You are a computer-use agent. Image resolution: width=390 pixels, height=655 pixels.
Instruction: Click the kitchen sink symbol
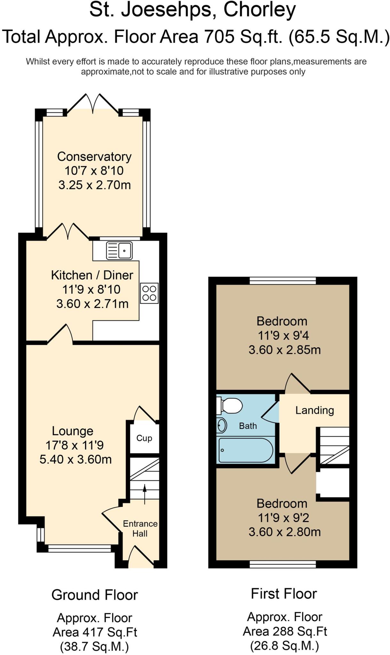pyautogui.click(x=119, y=250)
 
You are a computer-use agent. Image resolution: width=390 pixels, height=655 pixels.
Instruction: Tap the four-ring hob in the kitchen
pyautogui.click(x=149, y=293)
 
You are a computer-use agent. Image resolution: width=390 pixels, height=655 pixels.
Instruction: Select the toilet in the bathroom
pyautogui.click(x=230, y=406)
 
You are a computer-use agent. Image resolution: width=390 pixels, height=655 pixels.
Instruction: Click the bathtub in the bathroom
pyautogui.click(x=245, y=450)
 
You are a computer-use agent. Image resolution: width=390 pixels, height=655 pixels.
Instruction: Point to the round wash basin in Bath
pyautogui.click(x=221, y=425)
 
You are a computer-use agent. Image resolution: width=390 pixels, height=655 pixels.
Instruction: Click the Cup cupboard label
pyautogui.click(x=144, y=438)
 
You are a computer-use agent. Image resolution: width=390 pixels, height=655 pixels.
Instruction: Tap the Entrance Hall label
pyautogui.click(x=140, y=528)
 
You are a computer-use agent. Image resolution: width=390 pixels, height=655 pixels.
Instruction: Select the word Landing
pyautogui.click(x=314, y=410)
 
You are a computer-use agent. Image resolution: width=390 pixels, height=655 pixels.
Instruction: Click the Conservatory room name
pyautogui.click(x=94, y=156)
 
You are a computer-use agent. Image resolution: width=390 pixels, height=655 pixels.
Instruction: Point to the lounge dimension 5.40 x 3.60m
pyautogui.click(x=76, y=459)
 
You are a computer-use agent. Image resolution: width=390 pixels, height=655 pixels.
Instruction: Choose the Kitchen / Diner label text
pyautogui.click(x=92, y=275)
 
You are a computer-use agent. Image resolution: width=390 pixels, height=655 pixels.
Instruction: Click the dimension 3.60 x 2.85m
pyautogui.click(x=284, y=350)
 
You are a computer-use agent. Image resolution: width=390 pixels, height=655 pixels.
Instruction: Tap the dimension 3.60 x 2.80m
pyautogui.click(x=284, y=532)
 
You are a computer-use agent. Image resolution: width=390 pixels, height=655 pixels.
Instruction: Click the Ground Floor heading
pyautogui.click(x=94, y=595)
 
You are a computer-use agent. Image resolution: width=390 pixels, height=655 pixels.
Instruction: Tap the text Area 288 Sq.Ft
pyautogui.click(x=284, y=631)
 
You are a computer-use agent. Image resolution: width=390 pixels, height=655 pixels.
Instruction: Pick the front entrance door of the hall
pyautogui.click(x=141, y=556)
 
